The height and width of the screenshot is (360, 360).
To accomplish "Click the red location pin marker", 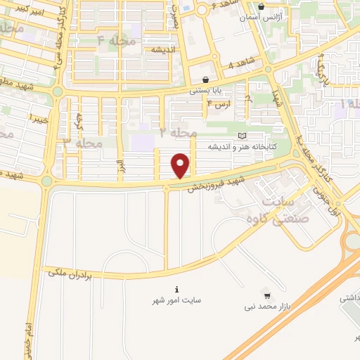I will tap(181, 165).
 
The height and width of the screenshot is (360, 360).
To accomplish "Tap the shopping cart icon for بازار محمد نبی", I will tap(266, 292).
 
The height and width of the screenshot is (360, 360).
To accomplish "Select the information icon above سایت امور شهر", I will tap(176, 288).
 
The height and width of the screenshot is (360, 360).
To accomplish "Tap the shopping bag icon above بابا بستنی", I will tap(205, 79).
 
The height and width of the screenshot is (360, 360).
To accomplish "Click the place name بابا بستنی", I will tap(205, 91).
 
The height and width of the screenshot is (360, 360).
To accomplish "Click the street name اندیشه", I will tap(160, 50).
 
